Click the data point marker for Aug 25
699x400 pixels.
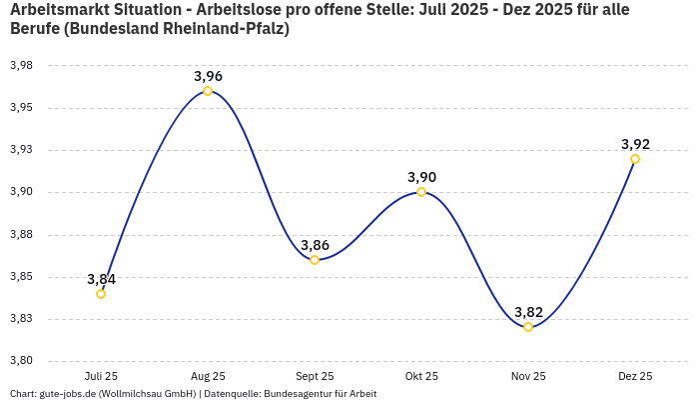pos(208,91)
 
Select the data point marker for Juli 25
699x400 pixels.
pos(101,294)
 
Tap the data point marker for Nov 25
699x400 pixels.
pos(528,327)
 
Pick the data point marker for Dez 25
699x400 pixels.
pos(635,159)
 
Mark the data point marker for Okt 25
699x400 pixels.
pos(421,192)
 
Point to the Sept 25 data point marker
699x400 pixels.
pos(315,260)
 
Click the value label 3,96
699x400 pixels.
pos(208,76)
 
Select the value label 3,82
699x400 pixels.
pos(528,312)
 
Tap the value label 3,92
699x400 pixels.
pos(635,144)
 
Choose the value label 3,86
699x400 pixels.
pos(315,245)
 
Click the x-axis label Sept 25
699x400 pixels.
pos(315,376)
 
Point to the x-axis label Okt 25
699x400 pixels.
pos(421,376)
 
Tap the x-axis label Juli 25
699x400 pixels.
pos(101,376)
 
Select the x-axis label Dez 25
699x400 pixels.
pos(635,376)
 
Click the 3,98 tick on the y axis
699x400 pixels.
pos(21,66)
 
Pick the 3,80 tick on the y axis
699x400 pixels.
pos(21,361)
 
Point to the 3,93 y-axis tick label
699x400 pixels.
pos(21,150)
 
